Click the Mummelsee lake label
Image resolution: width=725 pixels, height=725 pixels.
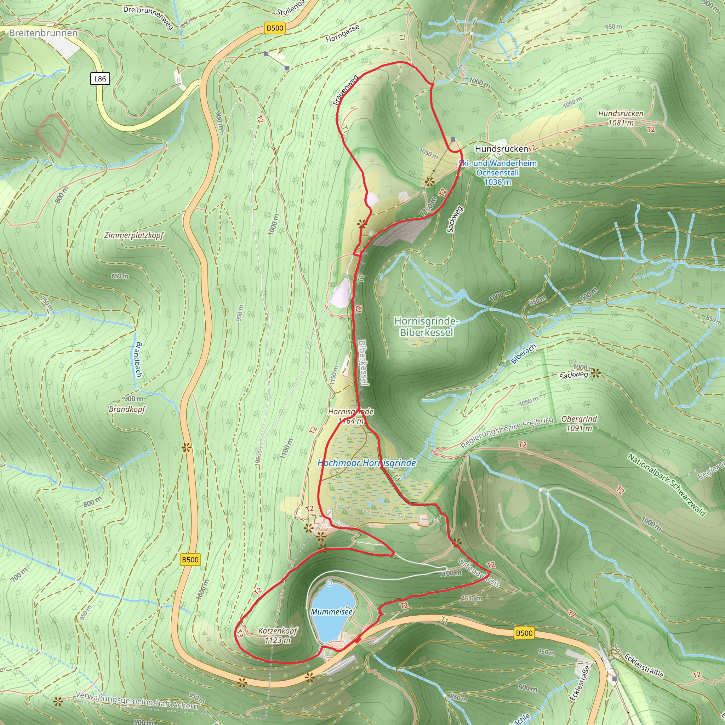tap(332, 612)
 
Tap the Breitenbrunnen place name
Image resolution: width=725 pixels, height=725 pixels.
tap(43, 33)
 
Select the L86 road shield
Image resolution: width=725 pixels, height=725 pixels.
tap(100, 79)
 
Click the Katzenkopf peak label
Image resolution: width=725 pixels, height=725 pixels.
tap(278, 636)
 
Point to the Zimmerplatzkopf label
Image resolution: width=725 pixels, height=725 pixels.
tap(134, 236)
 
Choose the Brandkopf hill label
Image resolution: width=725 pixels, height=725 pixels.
tap(127, 409)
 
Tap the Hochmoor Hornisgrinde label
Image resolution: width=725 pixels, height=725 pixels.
tap(367, 463)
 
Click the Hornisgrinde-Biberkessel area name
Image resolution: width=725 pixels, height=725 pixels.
tap(426, 327)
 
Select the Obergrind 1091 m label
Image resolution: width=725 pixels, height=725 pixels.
tap(579, 424)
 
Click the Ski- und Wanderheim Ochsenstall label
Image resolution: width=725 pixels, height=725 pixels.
tap(498, 173)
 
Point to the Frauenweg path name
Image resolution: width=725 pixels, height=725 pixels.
tap(346, 90)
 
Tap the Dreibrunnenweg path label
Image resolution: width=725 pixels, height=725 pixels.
tap(148, 17)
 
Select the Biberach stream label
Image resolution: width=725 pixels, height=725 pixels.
tap(523, 354)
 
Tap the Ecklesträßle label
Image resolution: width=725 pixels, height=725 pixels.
tap(644, 665)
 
